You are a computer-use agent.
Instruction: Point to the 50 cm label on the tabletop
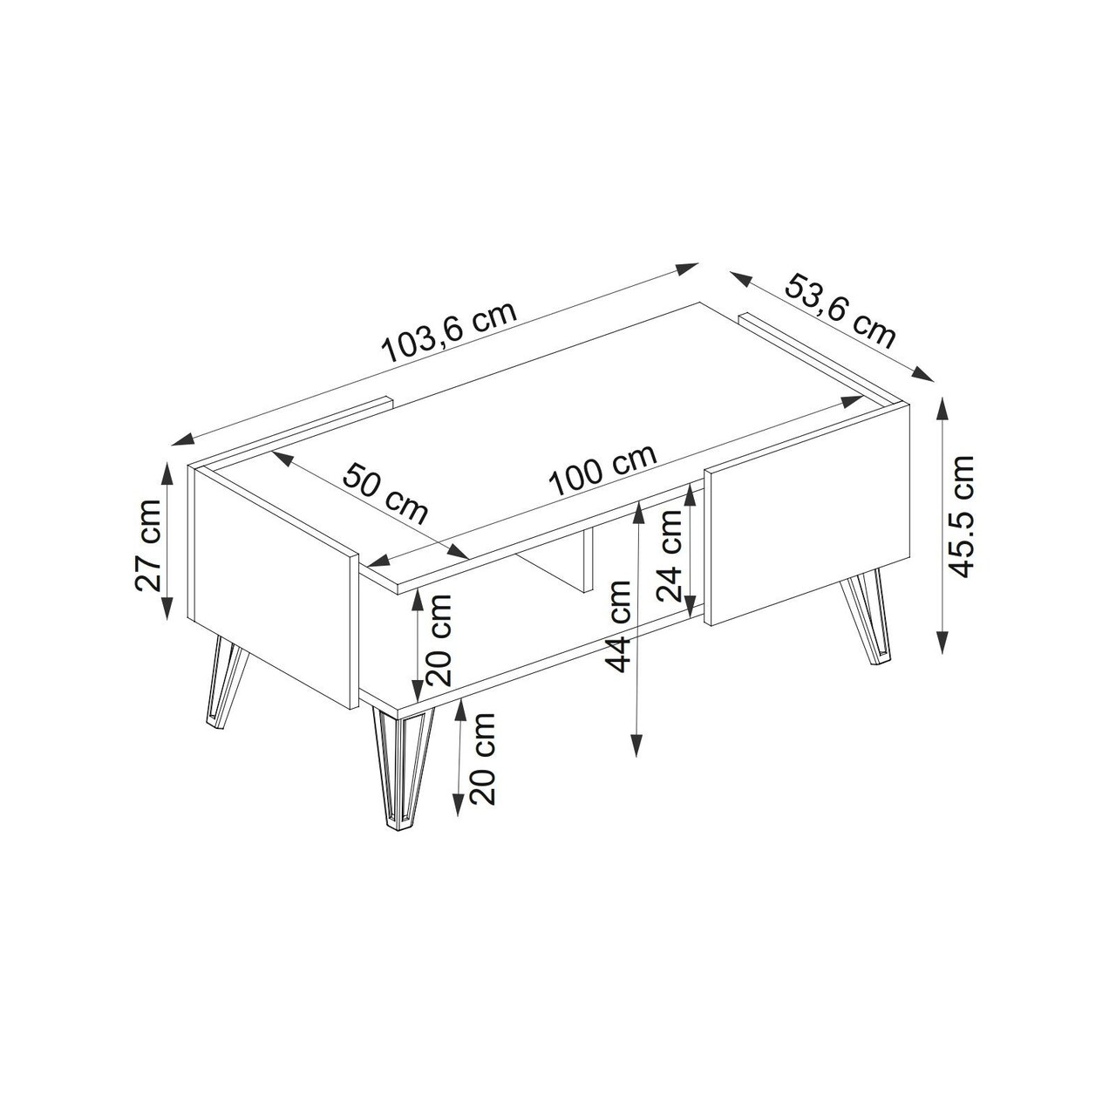385,493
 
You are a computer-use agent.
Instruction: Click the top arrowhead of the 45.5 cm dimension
943,409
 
